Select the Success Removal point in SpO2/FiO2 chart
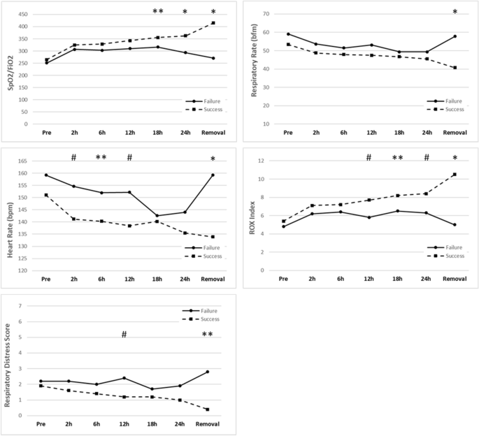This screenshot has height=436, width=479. (213, 23)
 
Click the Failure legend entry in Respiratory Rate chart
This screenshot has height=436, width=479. (445, 101)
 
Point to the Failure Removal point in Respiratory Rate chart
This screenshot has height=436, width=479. (455, 36)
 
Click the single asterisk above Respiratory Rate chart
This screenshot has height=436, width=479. (455, 13)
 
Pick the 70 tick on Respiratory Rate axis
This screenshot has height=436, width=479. (266, 14)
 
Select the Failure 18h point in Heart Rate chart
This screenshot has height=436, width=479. (157, 216)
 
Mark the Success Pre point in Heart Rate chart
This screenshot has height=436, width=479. (46, 195)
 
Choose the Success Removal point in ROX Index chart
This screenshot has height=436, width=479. (455, 175)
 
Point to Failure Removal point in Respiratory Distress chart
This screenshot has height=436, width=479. (207, 372)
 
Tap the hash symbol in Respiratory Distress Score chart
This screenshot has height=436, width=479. (124, 335)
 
